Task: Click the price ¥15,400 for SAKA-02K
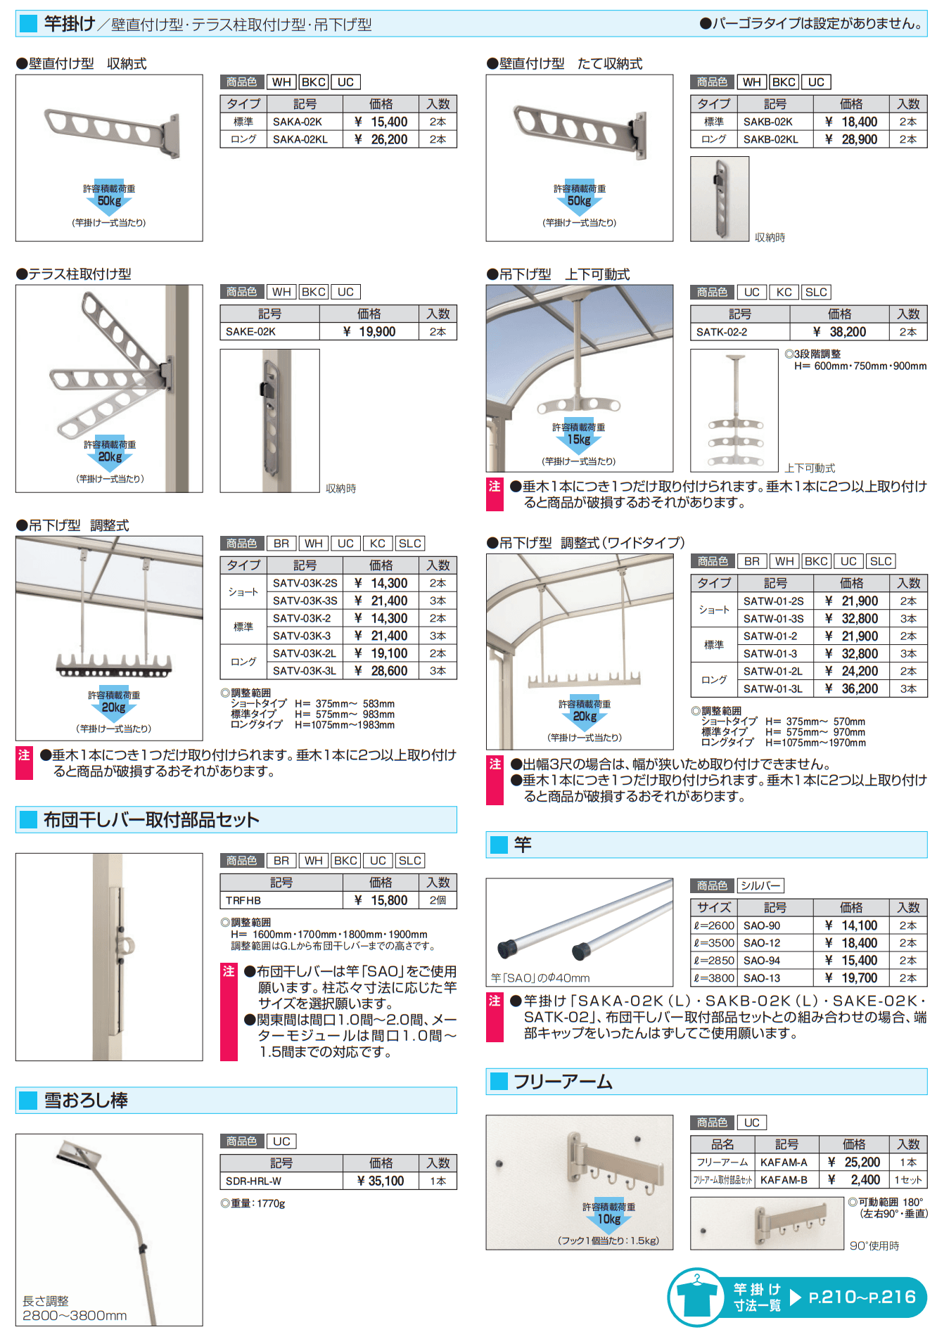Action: click(381, 122)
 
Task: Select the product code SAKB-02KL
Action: click(770, 139)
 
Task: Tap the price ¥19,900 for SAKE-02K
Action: click(369, 332)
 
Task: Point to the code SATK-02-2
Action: click(722, 332)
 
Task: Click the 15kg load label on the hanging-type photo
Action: click(578, 440)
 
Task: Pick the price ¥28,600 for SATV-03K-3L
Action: click(381, 671)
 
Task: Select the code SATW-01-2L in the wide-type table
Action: click(772, 671)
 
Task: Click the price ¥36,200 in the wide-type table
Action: click(851, 688)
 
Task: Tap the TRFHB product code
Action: click(243, 900)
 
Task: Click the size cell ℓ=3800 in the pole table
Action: click(714, 978)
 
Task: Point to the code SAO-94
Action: click(761, 960)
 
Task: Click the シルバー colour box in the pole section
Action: click(760, 886)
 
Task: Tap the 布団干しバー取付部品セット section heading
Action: click(151, 820)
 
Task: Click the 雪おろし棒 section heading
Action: click(86, 1101)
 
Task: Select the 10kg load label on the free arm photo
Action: click(608, 1219)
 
